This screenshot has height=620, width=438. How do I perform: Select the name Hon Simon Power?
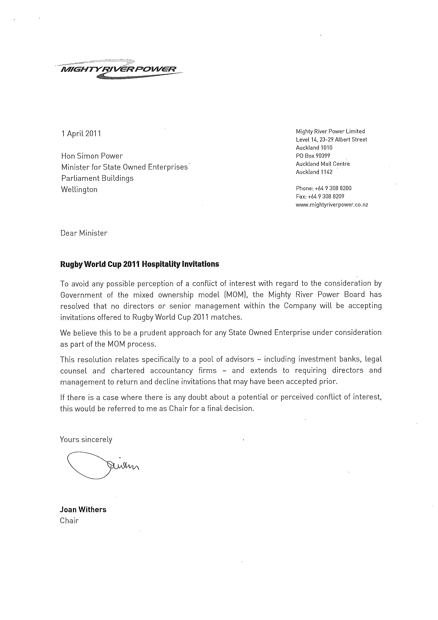(92, 156)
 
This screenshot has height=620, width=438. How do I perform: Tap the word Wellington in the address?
(79, 190)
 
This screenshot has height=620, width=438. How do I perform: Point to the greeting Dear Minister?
(84, 233)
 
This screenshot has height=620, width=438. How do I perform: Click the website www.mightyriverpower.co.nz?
(332, 205)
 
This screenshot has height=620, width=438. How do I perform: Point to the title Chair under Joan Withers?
(69, 521)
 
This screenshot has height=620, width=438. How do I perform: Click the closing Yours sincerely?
(86, 439)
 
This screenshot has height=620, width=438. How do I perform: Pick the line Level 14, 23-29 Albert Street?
(331, 140)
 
